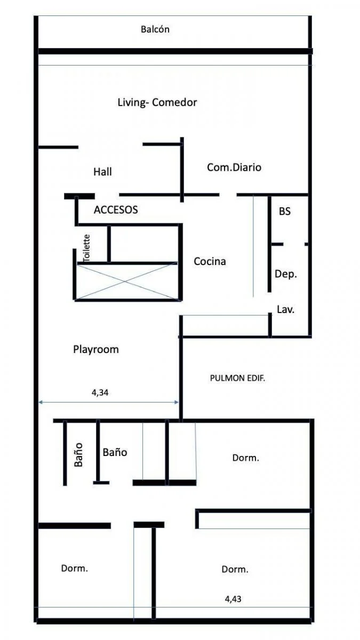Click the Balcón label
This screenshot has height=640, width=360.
pos(155,29)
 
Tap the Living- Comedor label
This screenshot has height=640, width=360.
pos(157,102)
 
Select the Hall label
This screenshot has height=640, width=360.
pos(102,172)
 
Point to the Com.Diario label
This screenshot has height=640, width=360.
pos(234,167)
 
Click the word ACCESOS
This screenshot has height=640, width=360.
pos(116,210)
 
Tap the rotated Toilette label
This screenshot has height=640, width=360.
pos(86,247)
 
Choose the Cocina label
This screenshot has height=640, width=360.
pos(210,261)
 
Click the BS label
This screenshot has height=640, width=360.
pos(285,211)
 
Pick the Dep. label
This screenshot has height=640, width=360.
pos(286,274)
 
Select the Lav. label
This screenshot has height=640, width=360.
pos(286,309)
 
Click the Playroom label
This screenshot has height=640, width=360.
pos(96,349)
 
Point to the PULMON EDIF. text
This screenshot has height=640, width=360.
pos(237,378)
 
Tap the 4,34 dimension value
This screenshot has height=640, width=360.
pos(100,393)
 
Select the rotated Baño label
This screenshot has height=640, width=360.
pos(78,454)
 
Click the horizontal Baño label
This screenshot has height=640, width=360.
pos(115,452)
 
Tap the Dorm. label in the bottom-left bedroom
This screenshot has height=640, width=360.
pos(75,568)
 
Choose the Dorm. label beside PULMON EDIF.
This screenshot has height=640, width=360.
pos(246,458)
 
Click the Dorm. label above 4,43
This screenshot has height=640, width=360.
pos(235,569)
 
